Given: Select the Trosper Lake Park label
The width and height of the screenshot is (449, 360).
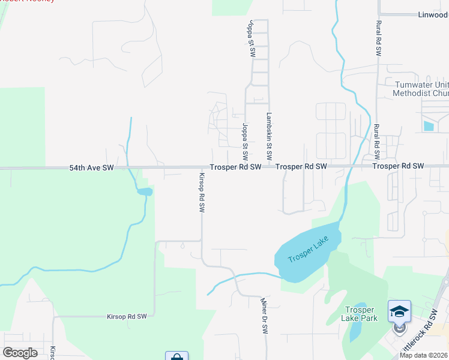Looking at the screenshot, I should click(x=361, y=314).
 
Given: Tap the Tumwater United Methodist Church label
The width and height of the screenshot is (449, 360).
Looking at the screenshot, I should click(x=421, y=89).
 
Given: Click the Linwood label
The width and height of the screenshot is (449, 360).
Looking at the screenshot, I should click(x=431, y=14).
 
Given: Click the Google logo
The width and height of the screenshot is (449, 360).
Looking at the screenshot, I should click(x=20, y=352).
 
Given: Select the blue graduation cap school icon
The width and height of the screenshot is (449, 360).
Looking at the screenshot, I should click(x=399, y=311).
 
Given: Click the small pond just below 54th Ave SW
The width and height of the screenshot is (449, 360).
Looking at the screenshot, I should click(x=145, y=192).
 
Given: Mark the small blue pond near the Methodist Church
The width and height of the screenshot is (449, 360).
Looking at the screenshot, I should click(x=429, y=126).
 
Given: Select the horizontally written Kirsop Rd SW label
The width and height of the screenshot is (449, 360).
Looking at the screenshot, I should click(x=127, y=316).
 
